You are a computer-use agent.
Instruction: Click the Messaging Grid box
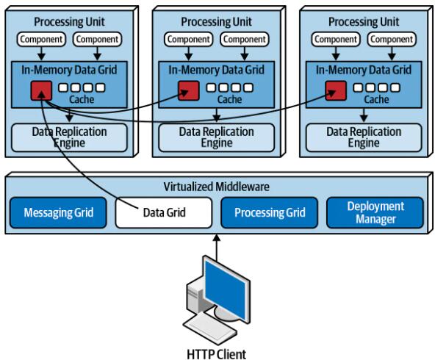pos(58,213)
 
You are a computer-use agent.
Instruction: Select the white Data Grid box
pos(164,213)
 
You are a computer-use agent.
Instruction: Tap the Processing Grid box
pos(270,213)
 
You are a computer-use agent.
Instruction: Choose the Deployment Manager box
pos(375,213)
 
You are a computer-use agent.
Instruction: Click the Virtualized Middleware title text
pos(216,187)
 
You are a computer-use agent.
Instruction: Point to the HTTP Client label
pos(216,354)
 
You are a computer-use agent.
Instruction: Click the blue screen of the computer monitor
pos(225,290)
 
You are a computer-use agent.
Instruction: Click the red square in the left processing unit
pos(41,90)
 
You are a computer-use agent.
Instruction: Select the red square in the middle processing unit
pos(189,90)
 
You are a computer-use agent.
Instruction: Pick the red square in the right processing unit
pos(336,90)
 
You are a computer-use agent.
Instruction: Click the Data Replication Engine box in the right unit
pos(364,137)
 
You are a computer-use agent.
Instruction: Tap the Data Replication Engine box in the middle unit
pos(216,137)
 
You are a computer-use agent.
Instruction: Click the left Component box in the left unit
pos(41,39)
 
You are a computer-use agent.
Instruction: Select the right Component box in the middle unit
pos(245,39)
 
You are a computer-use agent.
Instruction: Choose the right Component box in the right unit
pos(392,39)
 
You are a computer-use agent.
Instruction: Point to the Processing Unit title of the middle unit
pos(216,22)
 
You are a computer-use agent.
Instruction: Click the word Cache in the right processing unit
pos(376,99)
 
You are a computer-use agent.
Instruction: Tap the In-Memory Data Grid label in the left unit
pos(69,70)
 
